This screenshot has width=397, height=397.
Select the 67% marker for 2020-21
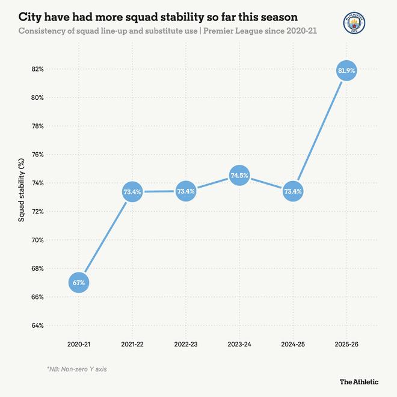click(80, 283)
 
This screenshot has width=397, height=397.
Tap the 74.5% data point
click(239, 176)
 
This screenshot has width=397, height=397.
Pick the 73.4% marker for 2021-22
click(132, 192)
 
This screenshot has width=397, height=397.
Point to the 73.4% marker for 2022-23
click(185, 192)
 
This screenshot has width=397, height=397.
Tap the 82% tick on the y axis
click(37, 69)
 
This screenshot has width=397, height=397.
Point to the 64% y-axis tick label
click(37, 325)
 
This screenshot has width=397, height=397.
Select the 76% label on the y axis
click(37, 155)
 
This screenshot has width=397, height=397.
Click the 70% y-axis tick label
click(37, 240)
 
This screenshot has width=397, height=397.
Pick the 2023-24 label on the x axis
click(239, 343)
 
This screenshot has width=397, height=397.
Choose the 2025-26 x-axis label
click(346, 343)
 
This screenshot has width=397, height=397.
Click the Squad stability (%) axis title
click(21, 190)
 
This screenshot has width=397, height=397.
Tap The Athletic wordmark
click(359, 381)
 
